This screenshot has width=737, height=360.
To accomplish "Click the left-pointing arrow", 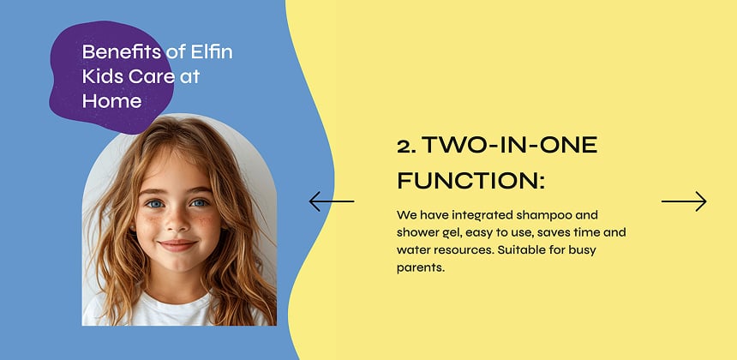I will [x=331, y=201].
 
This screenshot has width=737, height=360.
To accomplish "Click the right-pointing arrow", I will [x=684, y=201].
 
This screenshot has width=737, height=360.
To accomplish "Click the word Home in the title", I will [x=111, y=101].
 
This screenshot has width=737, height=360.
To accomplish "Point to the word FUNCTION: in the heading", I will [x=470, y=182].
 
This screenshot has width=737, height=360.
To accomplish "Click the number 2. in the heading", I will [x=406, y=146].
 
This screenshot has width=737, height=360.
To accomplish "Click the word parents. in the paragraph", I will [x=422, y=267].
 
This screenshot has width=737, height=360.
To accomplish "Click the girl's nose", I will [x=177, y=224].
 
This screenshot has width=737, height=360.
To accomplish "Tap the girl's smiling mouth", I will [x=177, y=245].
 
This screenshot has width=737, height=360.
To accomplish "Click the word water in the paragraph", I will [x=413, y=249].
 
